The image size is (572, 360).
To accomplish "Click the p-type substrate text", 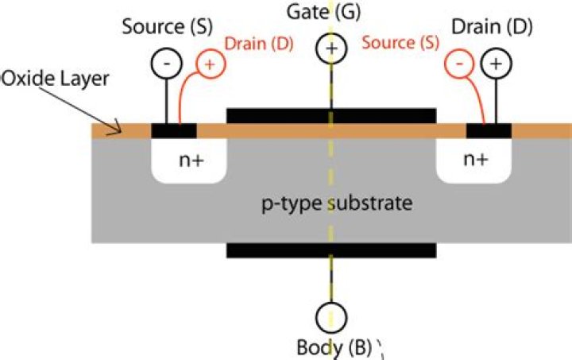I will coord(338,203).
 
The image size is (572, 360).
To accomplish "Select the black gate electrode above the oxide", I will coord(331,115).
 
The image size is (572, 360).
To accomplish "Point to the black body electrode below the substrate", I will coord(331,250).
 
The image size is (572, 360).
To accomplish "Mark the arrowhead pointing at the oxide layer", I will coord(118,128).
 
